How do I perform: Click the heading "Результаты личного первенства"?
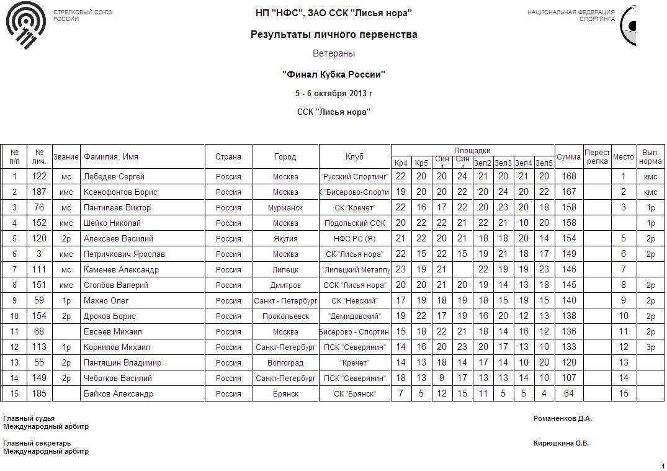(x=334, y=34)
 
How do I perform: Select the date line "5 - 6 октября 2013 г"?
(x=334, y=94)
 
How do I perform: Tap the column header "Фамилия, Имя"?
(x=111, y=157)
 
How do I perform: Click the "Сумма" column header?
(x=568, y=157)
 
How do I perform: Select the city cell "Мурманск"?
(x=285, y=208)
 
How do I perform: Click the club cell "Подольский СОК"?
(x=355, y=223)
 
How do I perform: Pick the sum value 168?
(x=568, y=177)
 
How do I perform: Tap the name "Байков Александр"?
(x=118, y=394)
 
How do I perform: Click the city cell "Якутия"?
(x=285, y=239)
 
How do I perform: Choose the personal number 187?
(x=39, y=192)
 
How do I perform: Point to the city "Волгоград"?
(x=285, y=363)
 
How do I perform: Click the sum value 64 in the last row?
(x=568, y=394)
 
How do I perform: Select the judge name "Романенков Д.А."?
(x=562, y=418)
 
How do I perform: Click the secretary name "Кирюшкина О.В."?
(x=561, y=444)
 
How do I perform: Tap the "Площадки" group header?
(x=472, y=151)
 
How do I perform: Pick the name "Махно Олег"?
(x=106, y=301)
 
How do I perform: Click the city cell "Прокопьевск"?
(x=285, y=316)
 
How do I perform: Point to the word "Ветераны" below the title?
(x=334, y=54)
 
